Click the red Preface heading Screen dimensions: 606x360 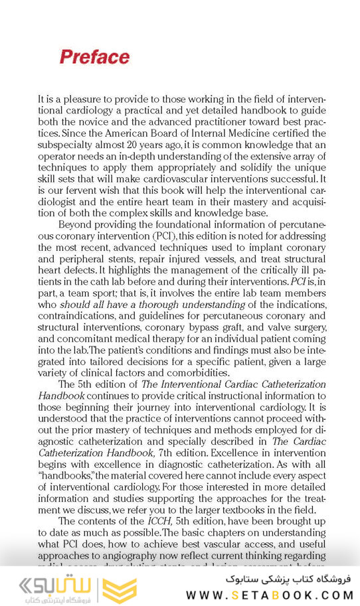tap(94, 57)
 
